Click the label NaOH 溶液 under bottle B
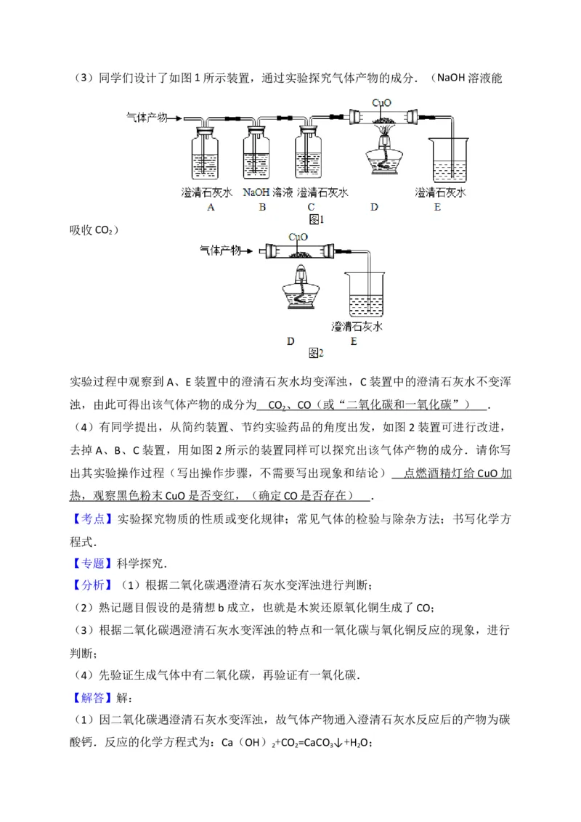[267, 192]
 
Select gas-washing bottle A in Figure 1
[206, 154]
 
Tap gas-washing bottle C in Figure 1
[310, 154]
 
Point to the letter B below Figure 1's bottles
[262, 207]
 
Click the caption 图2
[315, 353]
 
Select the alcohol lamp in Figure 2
[299, 288]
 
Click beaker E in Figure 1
[446, 161]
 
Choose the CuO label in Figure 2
[298, 237]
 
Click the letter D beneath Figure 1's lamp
[374, 207]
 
